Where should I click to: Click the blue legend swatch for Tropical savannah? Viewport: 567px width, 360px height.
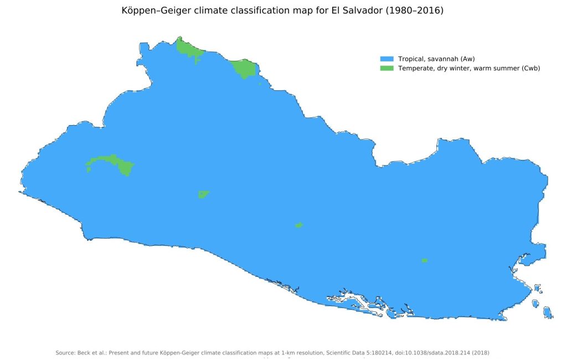[386, 59]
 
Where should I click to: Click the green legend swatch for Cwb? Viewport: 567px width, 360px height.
[386, 68]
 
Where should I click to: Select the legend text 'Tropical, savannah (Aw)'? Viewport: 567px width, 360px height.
[436, 59]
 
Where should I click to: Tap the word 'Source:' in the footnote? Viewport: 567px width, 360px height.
[65, 353]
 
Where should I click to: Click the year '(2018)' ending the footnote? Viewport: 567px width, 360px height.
[479, 353]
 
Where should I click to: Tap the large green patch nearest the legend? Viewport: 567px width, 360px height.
[244, 68]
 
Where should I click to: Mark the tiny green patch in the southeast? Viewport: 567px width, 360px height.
[424, 260]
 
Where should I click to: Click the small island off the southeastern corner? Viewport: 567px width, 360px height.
[547, 313]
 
